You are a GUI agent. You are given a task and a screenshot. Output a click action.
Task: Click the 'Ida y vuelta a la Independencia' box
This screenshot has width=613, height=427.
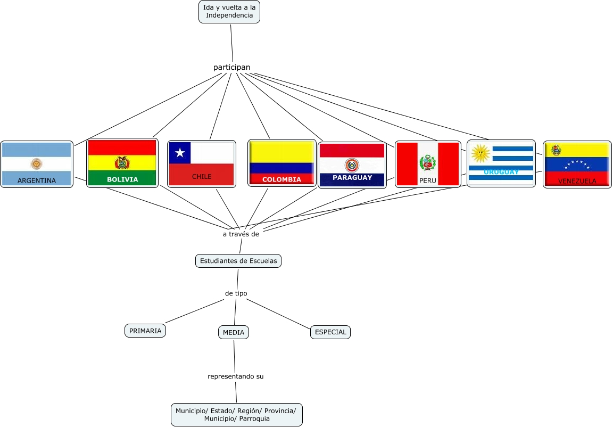pos(229,11)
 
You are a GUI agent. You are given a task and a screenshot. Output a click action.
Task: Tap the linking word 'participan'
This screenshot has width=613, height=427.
pos(231,67)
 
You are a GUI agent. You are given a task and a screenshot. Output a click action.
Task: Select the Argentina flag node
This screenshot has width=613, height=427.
pos(37,164)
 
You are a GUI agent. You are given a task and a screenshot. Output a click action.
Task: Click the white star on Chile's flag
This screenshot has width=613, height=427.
pos(180,153)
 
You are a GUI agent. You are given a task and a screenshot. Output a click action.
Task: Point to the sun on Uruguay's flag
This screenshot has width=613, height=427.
pos(481,153)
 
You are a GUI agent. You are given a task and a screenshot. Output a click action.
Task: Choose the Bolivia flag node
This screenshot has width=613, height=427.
pos(122,163)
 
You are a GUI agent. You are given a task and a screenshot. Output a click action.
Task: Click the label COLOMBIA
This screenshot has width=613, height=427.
pos(281,179)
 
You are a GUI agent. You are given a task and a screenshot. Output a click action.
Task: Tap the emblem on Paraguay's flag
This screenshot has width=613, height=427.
pos(352,165)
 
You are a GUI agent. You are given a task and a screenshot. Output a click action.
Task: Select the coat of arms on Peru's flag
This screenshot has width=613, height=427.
pos(427,163)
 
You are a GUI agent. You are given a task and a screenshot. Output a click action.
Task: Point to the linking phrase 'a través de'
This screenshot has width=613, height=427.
pos(241,234)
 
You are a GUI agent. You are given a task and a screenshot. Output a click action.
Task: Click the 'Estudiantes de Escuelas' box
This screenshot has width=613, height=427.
pos(238,261)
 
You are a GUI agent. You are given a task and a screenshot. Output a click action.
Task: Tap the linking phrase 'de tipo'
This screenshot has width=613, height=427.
pos(236,293)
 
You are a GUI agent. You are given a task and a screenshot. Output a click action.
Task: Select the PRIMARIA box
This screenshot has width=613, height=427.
pos(145,331)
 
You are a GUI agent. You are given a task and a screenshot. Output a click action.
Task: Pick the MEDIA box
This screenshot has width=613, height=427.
pos(234,332)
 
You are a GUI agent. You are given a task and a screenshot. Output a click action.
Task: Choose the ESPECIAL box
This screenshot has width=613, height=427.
pos(330,332)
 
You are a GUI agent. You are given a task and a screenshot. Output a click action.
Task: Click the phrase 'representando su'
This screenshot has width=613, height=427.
pos(235,376)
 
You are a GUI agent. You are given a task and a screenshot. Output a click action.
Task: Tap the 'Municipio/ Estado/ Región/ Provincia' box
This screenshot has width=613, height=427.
pos(237,414)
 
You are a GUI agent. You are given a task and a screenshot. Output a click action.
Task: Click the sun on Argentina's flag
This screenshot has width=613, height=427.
pos(36,163)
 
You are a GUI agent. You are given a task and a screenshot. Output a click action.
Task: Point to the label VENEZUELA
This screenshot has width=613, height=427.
pos(577,181)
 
